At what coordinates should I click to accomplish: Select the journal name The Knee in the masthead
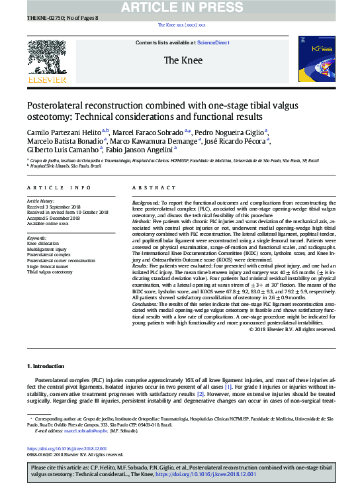[x=179, y=60]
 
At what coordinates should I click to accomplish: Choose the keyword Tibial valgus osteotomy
[x=50, y=272]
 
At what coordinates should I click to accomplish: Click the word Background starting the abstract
[x=147, y=201]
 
